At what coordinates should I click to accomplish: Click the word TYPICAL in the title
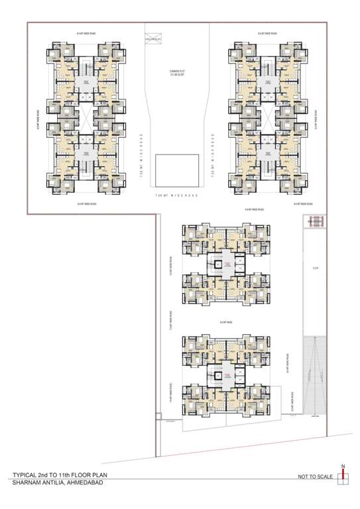[x=25, y=475]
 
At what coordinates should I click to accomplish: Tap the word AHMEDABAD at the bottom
[x=87, y=482]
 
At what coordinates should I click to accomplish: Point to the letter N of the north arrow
[x=343, y=467]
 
